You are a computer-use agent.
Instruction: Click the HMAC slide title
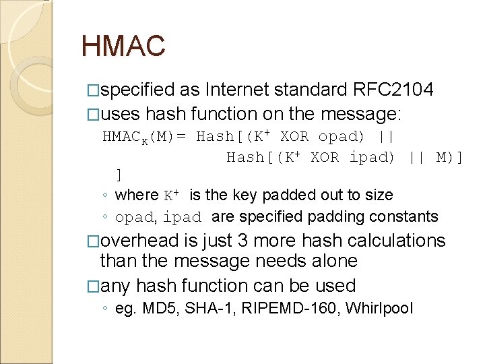(x=123, y=47)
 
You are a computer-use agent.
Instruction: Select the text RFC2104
(x=393, y=90)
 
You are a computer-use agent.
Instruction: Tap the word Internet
(x=236, y=90)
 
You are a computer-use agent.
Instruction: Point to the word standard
(x=311, y=90)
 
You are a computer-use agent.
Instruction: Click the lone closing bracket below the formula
(x=119, y=175)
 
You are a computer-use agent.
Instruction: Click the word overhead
(x=140, y=241)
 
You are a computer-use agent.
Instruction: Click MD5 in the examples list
(x=156, y=309)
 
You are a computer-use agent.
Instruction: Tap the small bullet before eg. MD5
(x=107, y=309)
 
